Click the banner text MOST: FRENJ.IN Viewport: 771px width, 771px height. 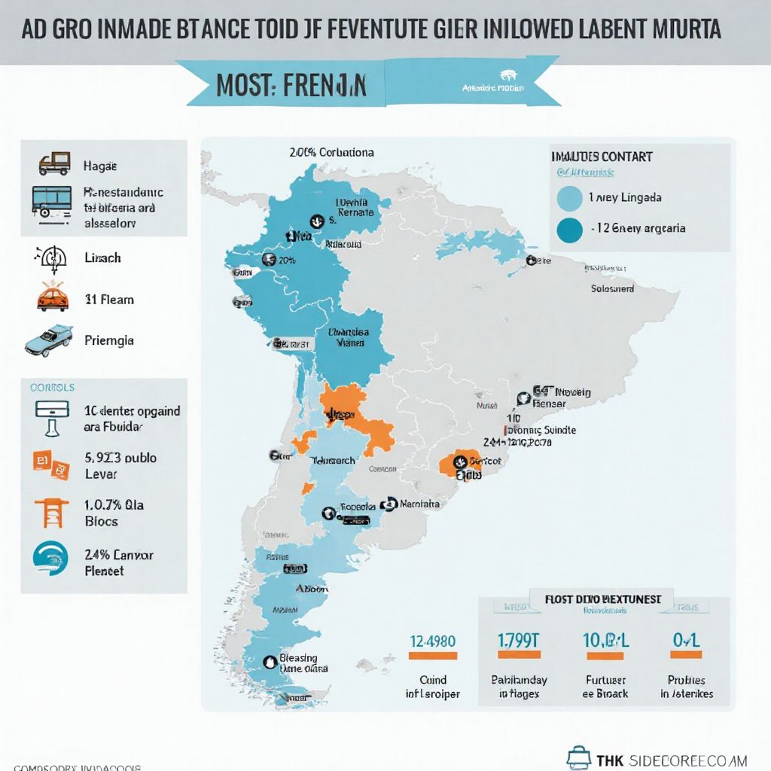point(291,85)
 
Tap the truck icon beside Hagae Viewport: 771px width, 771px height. point(54,164)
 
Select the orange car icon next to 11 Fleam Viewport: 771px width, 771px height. point(53,298)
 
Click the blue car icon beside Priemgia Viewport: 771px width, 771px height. point(49,340)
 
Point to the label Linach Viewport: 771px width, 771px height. point(103,258)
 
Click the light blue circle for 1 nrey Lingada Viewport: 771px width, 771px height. point(569,197)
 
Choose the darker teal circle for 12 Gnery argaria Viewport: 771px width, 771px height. point(569,228)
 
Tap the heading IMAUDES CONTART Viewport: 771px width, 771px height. point(602,157)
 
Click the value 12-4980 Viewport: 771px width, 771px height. point(432,641)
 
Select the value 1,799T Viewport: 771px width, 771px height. point(519,641)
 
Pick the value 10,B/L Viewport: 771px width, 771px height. point(606,641)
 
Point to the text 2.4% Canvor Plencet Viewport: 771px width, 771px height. point(119,562)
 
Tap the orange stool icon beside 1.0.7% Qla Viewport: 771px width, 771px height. point(52,513)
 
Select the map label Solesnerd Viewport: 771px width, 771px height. point(612,288)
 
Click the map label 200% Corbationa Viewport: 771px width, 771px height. point(331,152)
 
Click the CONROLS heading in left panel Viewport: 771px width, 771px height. point(52,388)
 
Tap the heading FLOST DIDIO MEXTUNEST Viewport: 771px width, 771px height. point(604,599)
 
